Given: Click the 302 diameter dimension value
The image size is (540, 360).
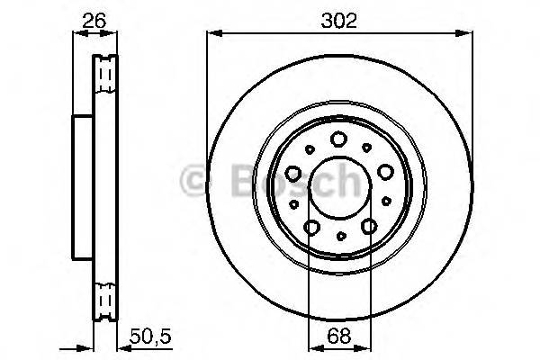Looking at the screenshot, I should coord(338,20).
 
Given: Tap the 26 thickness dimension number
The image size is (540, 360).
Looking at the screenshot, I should coord(94,20).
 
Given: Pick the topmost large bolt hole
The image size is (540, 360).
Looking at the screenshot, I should coord(339,139).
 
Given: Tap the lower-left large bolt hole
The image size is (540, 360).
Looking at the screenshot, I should coord(310,228).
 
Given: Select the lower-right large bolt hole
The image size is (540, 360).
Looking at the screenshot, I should coord(368,228).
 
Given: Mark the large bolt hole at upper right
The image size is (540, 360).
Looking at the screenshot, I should coord(385,172).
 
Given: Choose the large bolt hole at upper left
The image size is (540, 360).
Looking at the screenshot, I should coord(292,172).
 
